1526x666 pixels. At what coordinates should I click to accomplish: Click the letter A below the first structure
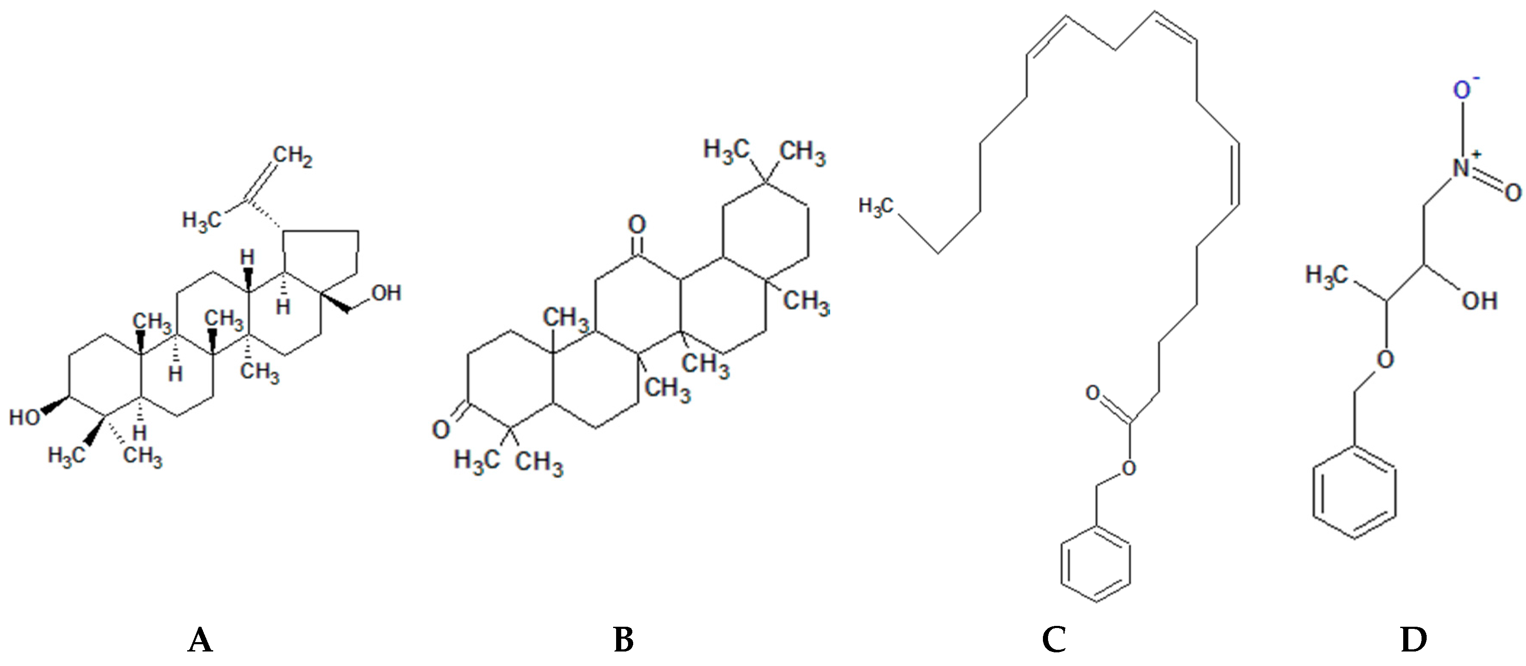[200, 640]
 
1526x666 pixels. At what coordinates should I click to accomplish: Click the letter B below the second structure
[623, 640]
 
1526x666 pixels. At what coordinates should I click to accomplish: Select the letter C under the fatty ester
[1054, 640]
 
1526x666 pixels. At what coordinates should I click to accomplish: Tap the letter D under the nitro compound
[1413, 640]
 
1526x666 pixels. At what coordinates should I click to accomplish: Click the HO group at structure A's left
[24, 417]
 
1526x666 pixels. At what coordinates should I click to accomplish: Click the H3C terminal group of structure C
[875, 206]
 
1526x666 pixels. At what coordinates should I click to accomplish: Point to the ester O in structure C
[1129, 468]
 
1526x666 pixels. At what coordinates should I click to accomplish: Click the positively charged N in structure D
[1462, 167]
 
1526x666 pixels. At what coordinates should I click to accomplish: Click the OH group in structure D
[1479, 301]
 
